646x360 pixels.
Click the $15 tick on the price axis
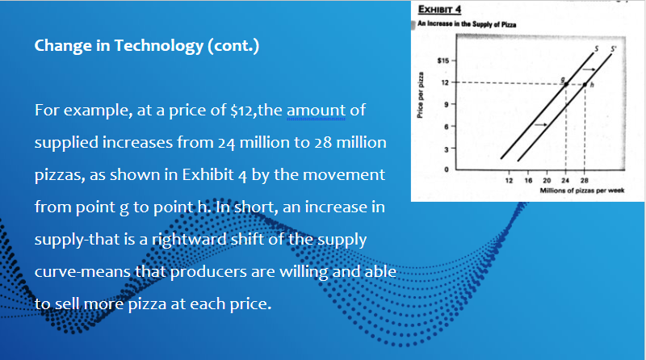(443, 61)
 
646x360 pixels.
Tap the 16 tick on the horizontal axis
(527, 182)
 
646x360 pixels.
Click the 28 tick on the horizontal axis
(584, 182)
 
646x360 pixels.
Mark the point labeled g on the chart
(565, 82)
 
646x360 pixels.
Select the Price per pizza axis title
(421, 94)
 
